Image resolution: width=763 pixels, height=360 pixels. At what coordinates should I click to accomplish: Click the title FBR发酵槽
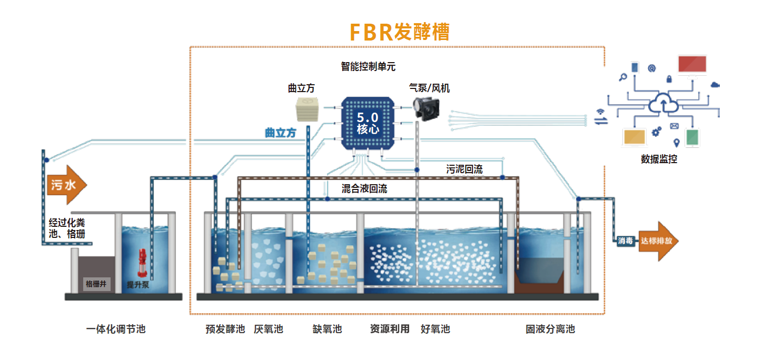click(x=400, y=32)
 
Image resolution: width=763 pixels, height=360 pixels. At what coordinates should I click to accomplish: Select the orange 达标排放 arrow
click(x=658, y=241)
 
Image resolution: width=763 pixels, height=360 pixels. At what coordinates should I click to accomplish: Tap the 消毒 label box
click(x=626, y=241)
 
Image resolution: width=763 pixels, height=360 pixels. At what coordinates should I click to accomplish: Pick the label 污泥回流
click(x=464, y=169)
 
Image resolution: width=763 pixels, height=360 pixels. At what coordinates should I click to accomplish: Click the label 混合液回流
click(x=364, y=188)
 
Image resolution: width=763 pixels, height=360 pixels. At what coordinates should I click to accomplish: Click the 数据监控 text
click(x=659, y=159)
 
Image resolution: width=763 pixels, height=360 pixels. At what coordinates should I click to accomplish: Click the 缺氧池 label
click(x=327, y=329)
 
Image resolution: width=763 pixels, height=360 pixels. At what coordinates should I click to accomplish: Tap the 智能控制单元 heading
click(x=368, y=67)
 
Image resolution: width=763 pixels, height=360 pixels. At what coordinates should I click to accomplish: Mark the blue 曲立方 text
click(x=280, y=133)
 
